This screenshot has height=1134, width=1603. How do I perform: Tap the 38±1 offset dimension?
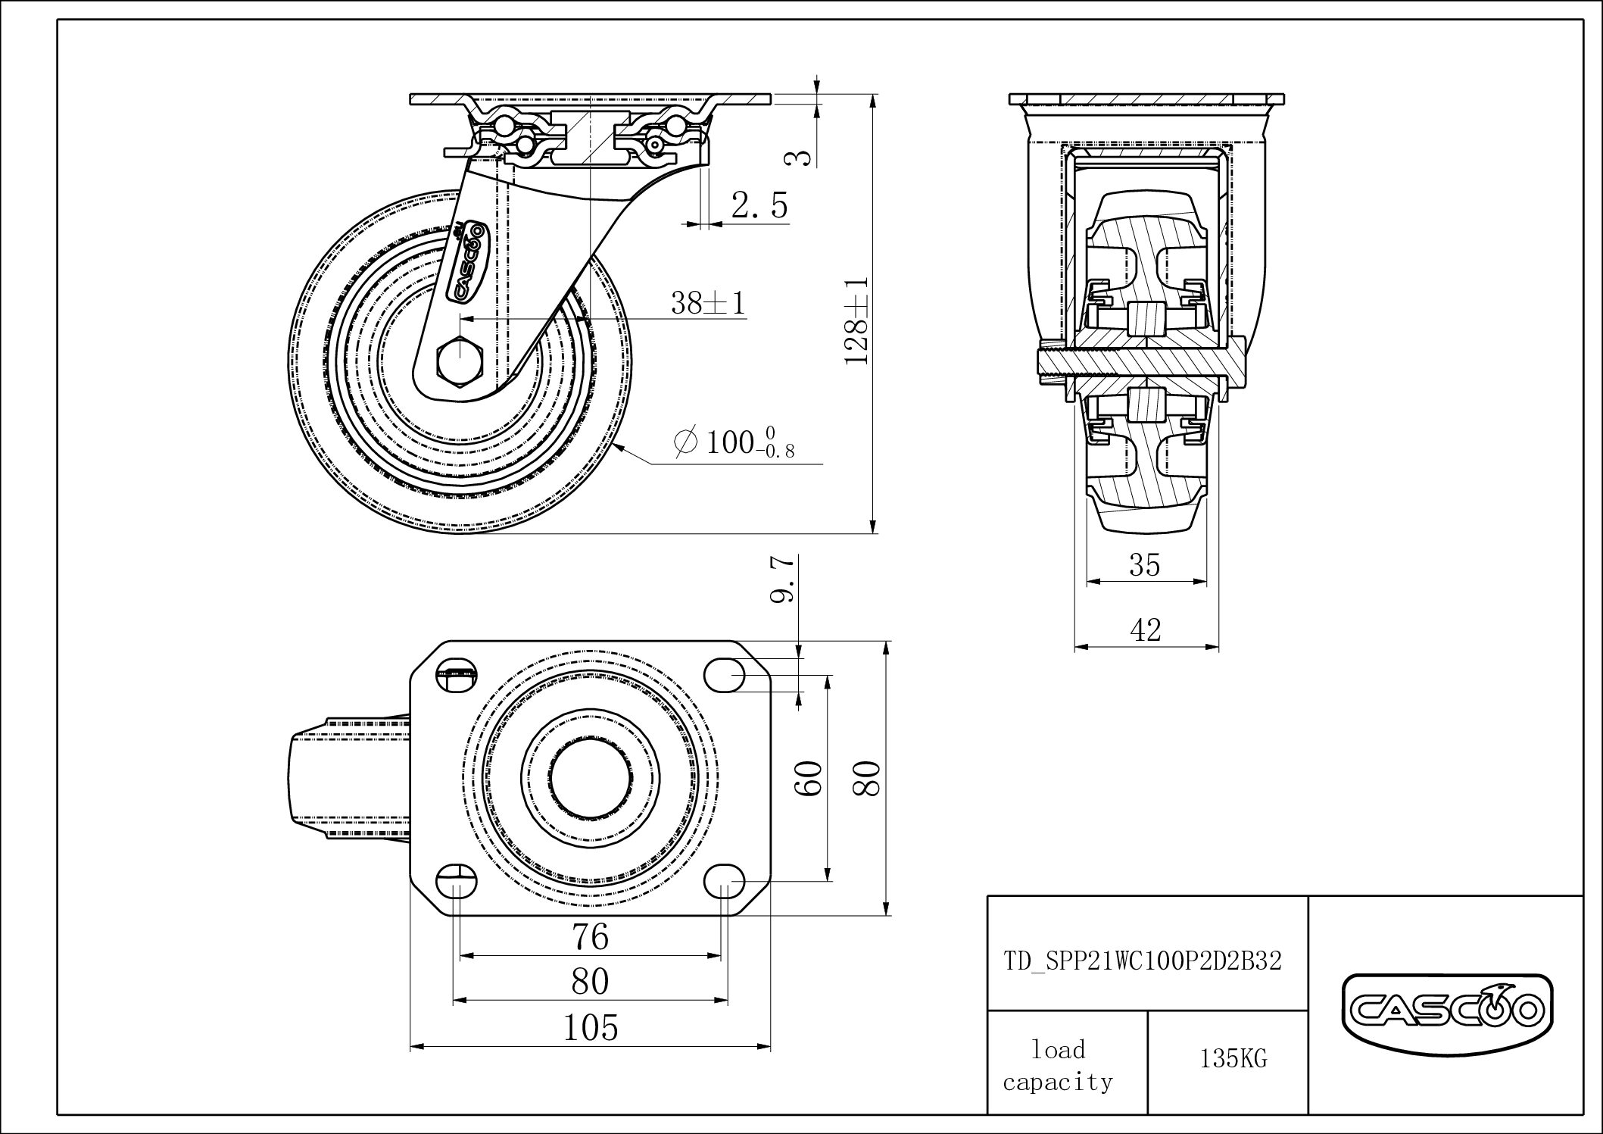(708, 304)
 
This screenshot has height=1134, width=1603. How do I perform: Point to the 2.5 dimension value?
(759, 205)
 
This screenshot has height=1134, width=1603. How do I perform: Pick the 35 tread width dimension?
(1144, 565)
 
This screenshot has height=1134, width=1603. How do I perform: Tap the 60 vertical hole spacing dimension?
(809, 777)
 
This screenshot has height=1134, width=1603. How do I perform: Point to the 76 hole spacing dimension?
(590, 937)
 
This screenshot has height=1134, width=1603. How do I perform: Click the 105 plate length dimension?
(590, 1028)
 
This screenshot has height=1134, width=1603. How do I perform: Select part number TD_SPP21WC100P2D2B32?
(1143, 961)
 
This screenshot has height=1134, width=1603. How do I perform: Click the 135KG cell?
(1233, 1059)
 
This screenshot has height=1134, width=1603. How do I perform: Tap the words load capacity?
(1058, 1065)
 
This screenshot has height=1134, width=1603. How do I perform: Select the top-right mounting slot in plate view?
(725, 673)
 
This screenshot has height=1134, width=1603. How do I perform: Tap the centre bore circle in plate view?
(589, 778)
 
